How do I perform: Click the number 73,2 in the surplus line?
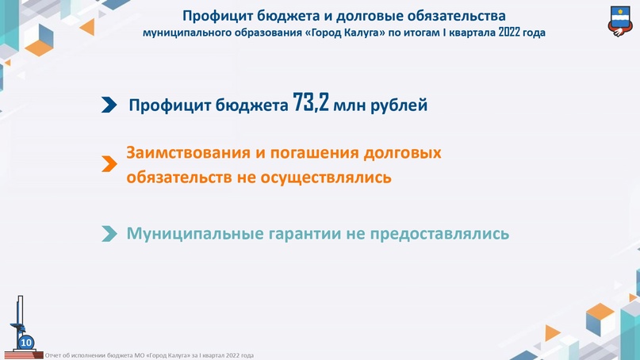tap(311, 103)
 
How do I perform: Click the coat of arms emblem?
tap(621, 21)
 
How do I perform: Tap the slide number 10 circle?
tap(26, 343)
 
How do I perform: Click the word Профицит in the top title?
tap(217, 16)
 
